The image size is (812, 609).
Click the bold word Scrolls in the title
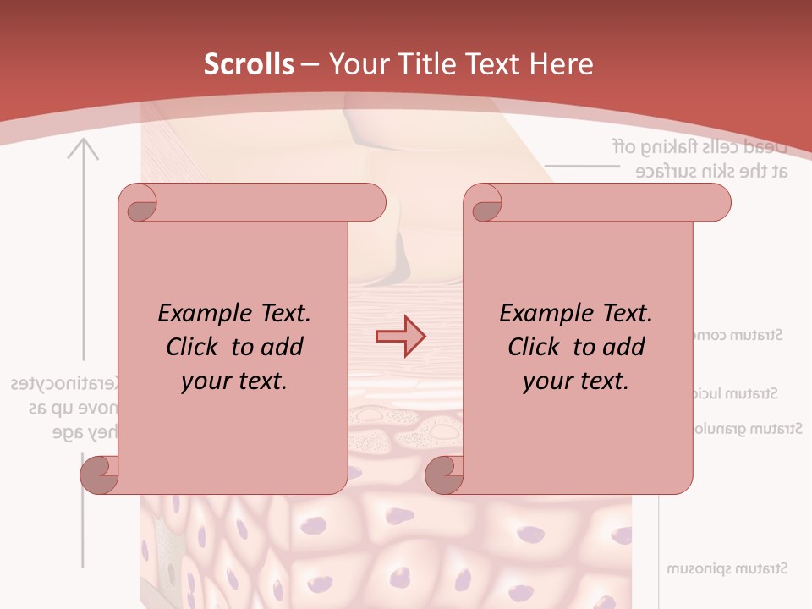(x=249, y=64)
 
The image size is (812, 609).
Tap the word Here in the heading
(x=561, y=64)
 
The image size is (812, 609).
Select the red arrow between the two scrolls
(x=400, y=337)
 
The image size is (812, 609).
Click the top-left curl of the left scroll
(x=139, y=203)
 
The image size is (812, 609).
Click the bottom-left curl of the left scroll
(x=100, y=475)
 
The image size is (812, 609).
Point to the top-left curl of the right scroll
(x=484, y=203)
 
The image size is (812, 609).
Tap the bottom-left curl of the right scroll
(x=444, y=475)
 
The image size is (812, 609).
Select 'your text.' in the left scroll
(x=234, y=381)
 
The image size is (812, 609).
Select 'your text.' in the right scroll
(x=576, y=381)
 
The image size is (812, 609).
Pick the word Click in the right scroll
(x=534, y=348)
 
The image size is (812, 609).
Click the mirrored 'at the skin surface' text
(x=712, y=171)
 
